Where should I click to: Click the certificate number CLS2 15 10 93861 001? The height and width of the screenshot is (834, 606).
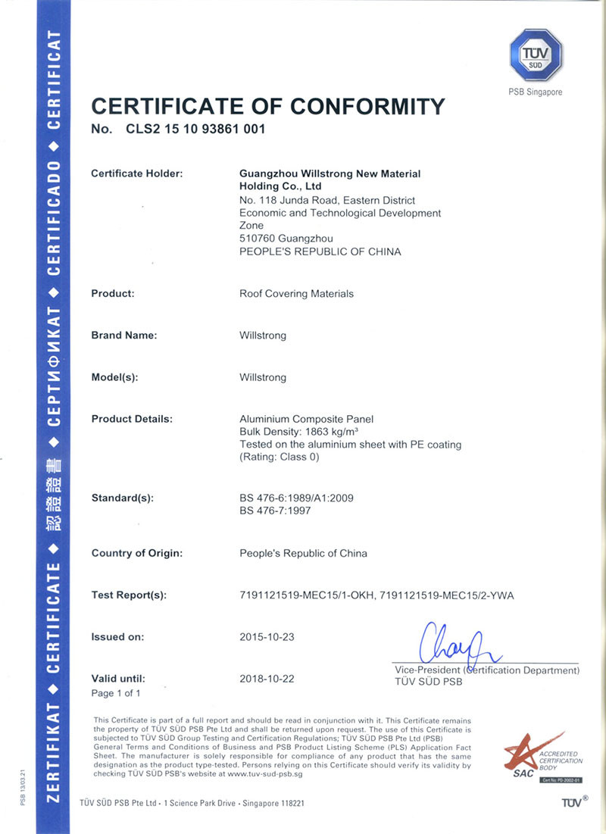point(196,129)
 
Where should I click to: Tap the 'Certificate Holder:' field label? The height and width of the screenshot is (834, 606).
point(137,173)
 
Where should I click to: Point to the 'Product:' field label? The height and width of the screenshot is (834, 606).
point(113,293)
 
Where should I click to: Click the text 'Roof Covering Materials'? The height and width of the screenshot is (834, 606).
point(296,293)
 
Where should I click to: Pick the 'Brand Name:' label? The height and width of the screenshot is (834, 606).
point(124,335)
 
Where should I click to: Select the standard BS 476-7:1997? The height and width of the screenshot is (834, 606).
point(275,511)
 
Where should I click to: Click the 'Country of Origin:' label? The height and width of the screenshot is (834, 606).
point(137,553)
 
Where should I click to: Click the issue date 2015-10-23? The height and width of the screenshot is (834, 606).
point(267,637)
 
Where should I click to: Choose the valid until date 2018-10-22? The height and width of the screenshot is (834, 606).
point(267,679)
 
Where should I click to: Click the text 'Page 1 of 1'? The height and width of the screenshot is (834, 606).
point(116,693)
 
